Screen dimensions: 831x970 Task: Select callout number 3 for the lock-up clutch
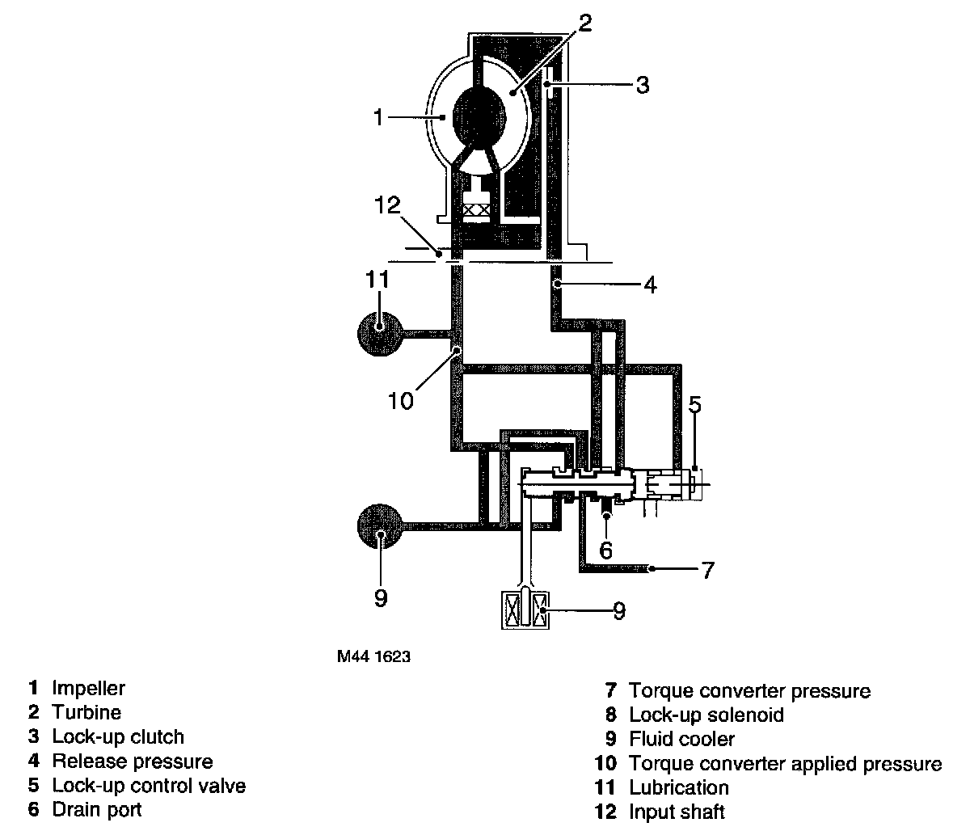(x=642, y=85)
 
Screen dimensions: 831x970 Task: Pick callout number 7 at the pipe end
(x=707, y=571)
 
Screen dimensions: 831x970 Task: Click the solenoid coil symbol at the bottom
(x=525, y=608)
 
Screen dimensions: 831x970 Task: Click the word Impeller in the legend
(x=88, y=689)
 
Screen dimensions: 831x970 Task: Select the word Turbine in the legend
(x=86, y=713)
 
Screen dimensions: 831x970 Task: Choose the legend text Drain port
(x=97, y=809)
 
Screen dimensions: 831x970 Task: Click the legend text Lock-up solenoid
(x=706, y=715)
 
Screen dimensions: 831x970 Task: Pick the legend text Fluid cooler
(x=681, y=740)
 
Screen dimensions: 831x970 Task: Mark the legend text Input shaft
(x=677, y=812)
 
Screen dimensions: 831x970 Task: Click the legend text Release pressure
(x=132, y=761)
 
